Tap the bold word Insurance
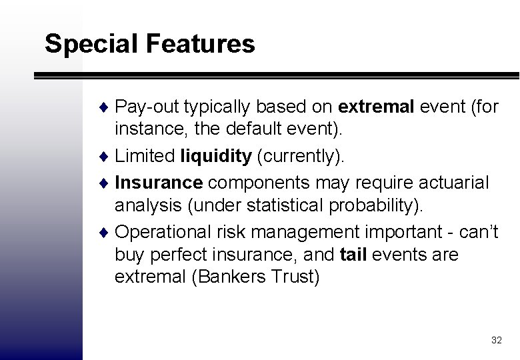[x=159, y=182]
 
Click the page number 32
[x=496, y=340]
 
